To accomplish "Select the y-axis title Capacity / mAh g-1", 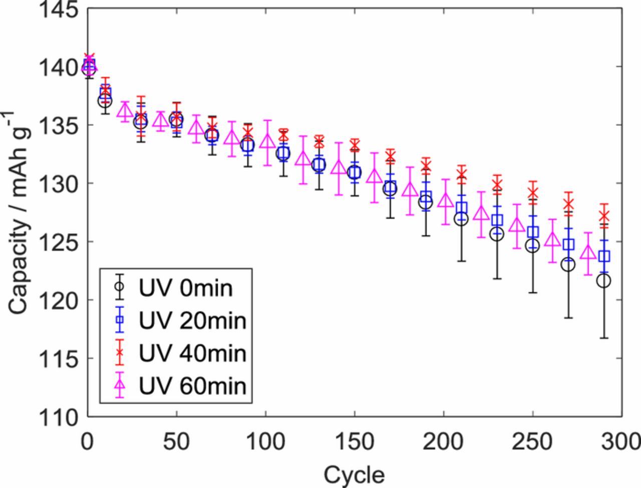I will (20, 213).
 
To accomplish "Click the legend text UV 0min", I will (185, 288).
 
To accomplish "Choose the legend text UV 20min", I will (192, 321).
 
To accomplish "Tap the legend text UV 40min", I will (192, 353).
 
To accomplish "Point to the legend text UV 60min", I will (192, 386).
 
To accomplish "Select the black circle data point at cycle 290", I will (604, 281).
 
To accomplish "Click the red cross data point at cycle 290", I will (604, 216).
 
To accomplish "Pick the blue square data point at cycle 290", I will (604, 256).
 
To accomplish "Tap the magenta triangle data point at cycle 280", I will (587, 252).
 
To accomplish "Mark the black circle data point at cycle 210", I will (461, 219).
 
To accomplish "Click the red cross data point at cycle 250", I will (533, 193).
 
